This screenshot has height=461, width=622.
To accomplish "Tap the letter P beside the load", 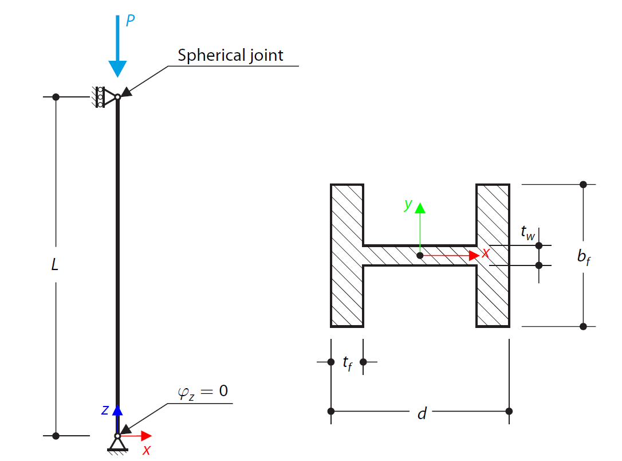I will tap(131, 21).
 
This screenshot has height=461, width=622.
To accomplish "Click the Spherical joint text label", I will tap(230, 55).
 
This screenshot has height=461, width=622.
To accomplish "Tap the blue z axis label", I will tap(105, 409).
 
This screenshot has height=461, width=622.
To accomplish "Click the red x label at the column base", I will tap(147, 450).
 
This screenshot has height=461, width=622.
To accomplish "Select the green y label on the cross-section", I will tap(408, 205).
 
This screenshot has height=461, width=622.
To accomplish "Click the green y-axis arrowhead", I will tap(420, 208).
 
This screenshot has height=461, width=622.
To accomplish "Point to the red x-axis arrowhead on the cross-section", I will tap(473, 255).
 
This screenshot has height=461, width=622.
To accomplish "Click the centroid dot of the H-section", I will tap(420, 255).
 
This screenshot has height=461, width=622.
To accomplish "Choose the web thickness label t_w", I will tap(527, 232).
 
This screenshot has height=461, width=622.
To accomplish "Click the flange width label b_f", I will tap(583, 257).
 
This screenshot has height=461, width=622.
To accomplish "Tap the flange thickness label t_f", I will tap(347, 362).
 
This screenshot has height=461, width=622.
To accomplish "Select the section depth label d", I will tap(422, 413).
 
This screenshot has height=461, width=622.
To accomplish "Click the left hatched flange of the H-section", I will tap(347, 255).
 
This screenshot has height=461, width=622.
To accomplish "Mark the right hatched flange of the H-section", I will tap(493, 255).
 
